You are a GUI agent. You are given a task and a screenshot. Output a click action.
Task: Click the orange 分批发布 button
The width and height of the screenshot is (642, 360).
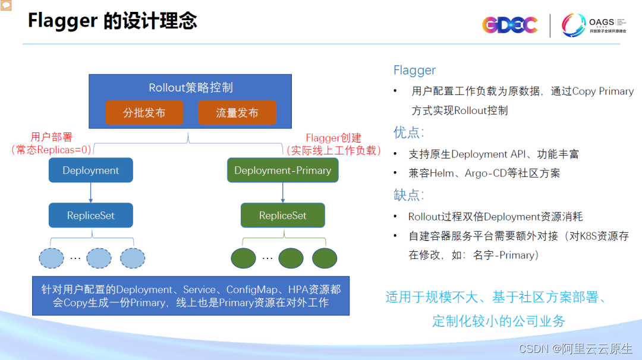[144, 113]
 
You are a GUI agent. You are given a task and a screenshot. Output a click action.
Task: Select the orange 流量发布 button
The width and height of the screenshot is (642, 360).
[237, 113]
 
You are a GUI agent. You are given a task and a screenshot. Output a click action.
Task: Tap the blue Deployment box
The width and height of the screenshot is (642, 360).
[90, 170]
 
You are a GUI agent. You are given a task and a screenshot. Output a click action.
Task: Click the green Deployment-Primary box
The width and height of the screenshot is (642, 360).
[282, 170]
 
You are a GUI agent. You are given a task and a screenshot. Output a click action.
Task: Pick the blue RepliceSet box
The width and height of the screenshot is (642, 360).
[90, 216]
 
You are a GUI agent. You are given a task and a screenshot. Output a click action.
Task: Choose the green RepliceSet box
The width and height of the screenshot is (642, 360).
[282, 216]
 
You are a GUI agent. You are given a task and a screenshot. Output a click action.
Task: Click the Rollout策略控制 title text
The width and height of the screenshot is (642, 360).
[190, 88]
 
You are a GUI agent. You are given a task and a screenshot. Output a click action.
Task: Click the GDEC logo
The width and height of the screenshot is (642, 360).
[509, 25]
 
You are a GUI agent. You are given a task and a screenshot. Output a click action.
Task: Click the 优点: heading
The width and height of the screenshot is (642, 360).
[408, 132]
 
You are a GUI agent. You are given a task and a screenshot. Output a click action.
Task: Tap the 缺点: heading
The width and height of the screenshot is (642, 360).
[408, 195]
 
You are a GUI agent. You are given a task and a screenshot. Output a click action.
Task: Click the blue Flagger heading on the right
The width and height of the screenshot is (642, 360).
[414, 70]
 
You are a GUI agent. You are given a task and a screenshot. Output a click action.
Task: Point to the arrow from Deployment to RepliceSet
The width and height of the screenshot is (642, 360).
[90, 192]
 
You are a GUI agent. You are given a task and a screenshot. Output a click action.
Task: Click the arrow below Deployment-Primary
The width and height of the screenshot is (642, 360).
[282, 192]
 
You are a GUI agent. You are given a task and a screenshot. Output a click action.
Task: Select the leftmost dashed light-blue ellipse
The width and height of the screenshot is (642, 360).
[52, 258]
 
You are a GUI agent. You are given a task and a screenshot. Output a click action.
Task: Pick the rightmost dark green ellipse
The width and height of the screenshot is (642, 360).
[325, 258]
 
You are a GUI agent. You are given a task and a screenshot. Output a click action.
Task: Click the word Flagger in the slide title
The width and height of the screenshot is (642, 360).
[62, 21]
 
